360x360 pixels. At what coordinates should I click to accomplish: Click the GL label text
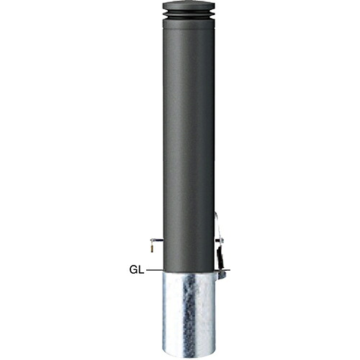[137, 270]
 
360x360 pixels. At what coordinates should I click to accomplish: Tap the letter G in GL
[134, 270]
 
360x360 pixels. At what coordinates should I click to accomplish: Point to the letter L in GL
[142, 270]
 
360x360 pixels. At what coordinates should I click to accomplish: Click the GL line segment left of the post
[155, 271]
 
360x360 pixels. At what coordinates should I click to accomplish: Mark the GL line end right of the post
[230, 271]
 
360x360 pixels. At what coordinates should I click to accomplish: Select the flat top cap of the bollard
[189, 5]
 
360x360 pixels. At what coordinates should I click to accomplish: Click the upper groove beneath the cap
[189, 11]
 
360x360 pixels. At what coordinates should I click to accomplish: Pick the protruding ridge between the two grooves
[189, 14]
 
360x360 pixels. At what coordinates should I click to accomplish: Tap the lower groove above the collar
[189, 17]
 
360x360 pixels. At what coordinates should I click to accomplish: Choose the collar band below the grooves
[189, 23]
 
